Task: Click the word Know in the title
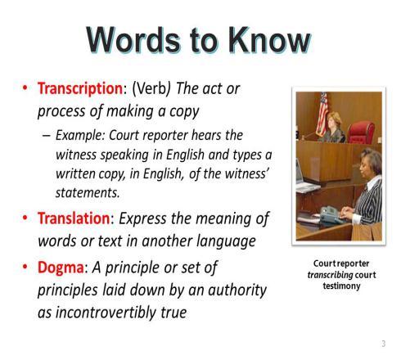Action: [269, 40]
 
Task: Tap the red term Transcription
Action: [81, 88]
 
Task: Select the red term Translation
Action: [74, 218]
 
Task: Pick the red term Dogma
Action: [61, 268]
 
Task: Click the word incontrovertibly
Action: [106, 312]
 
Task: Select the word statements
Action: [88, 193]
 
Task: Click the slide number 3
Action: [384, 344]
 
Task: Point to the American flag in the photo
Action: [322, 114]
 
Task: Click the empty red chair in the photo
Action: [361, 133]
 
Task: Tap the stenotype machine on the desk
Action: [331, 214]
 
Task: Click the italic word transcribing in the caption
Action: [330, 275]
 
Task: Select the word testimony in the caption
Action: [341, 286]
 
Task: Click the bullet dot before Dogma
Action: [25, 267]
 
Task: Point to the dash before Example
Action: [47, 136]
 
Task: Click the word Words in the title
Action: [133, 40]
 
